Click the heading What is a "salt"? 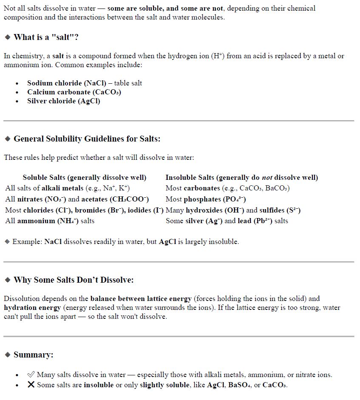(x=46, y=37)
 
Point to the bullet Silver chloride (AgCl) (x=64, y=101)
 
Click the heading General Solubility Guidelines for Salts (x=87, y=139)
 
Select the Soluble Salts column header (x=84, y=178)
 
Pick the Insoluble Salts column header (x=241, y=178)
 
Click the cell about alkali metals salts (x=67, y=188)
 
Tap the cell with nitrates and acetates (x=77, y=199)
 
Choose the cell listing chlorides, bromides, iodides (x=84, y=210)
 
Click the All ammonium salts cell (x=50, y=221)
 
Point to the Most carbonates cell (x=227, y=188)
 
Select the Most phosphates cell (x=206, y=199)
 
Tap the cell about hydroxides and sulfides (x=233, y=210)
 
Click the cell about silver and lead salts (x=227, y=221)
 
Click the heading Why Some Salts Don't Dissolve (x=74, y=280)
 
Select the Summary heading (x=33, y=355)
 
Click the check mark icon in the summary (x=31, y=374)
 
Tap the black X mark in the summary (x=31, y=385)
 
